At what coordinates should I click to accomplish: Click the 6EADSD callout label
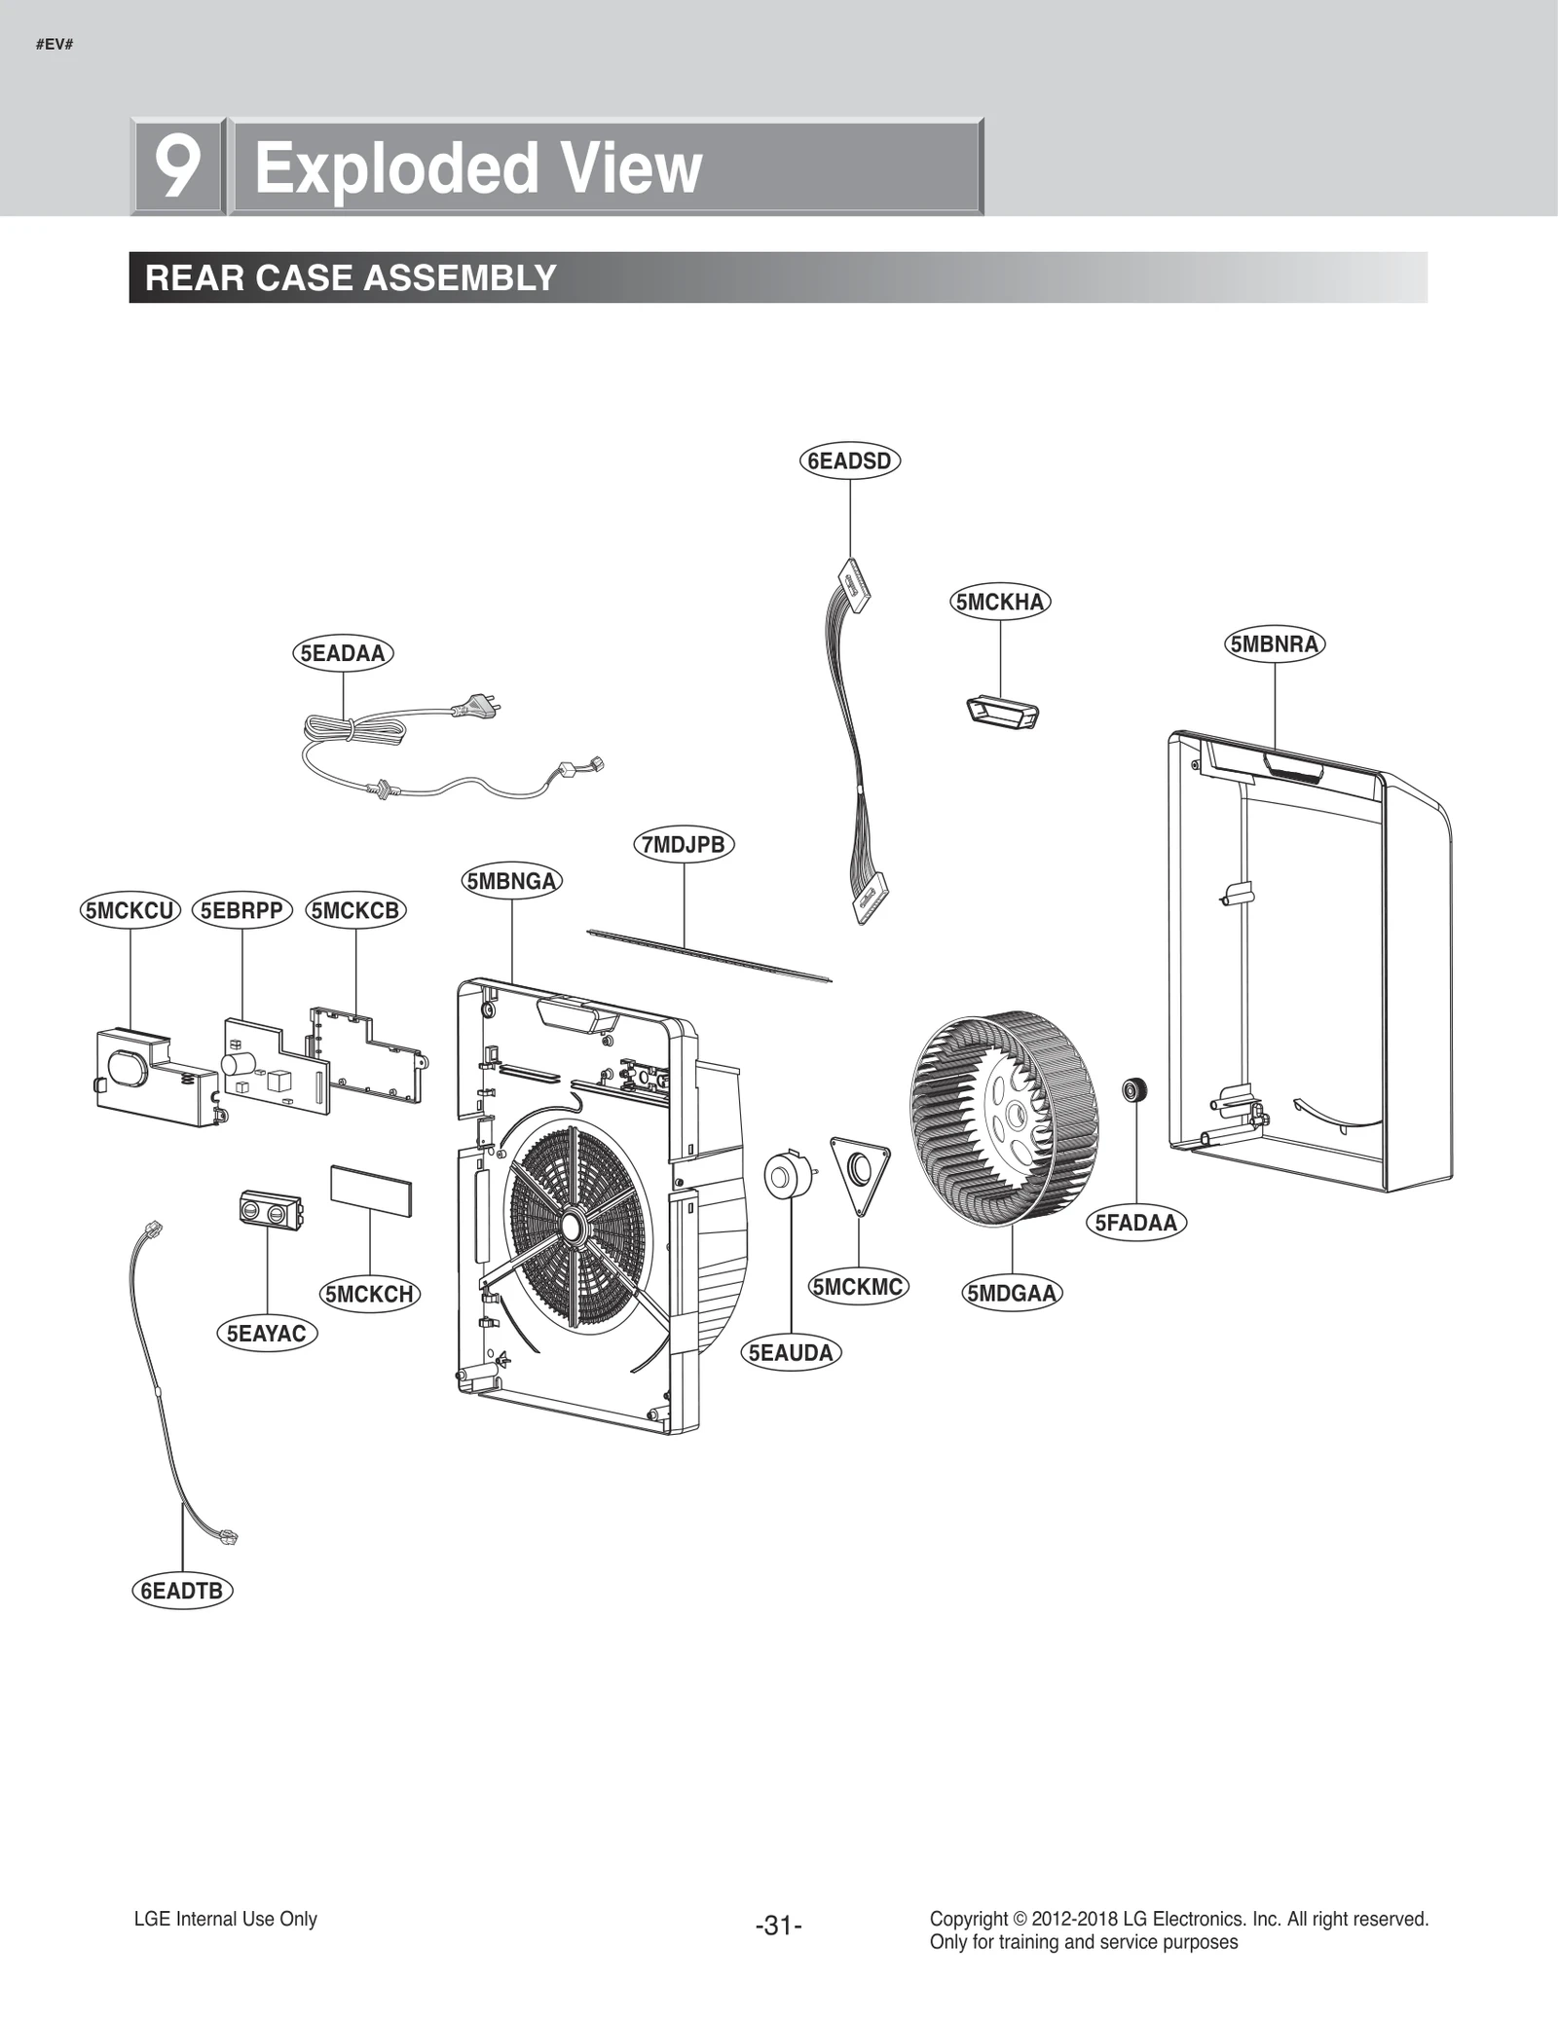coord(850,460)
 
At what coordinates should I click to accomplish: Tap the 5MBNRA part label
coord(1274,644)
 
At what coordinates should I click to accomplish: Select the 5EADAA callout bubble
coord(343,653)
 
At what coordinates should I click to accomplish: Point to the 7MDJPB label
coord(684,844)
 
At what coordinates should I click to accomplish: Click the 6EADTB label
coord(182,1591)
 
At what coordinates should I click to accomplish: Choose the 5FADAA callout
coord(1135,1223)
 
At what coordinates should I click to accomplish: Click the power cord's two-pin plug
coord(478,705)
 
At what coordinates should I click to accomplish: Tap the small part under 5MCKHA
coord(1002,711)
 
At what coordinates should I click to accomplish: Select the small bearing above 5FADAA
coord(1134,1089)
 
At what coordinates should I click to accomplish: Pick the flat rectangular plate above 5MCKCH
coord(370,1193)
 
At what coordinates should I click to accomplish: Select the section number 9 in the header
coord(178,166)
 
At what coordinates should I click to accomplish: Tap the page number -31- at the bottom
coord(778,1926)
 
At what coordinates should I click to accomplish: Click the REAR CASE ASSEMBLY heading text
coord(351,278)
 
